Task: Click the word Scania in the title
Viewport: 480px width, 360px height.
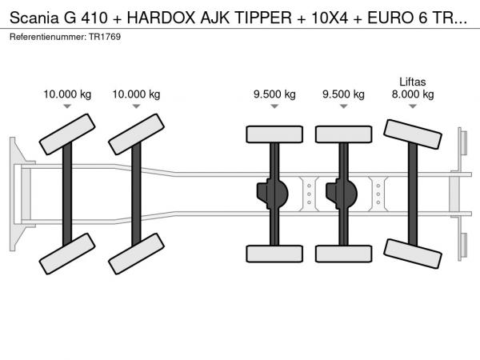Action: pyautogui.click(x=34, y=18)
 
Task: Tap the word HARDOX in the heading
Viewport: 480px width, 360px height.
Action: pyautogui.click(x=161, y=18)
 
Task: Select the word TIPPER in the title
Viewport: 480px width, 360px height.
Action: pyautogui.click(x=263, y=18)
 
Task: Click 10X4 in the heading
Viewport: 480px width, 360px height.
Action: pyautogui.click(x=330, y=18)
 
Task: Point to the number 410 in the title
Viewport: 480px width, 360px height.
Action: pyautogui.click(x=94, y=18)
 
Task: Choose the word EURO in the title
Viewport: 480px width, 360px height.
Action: pyautogui.click(x=387, y=18)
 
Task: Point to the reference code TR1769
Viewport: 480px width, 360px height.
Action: pyautogui.click(x=105, y=37)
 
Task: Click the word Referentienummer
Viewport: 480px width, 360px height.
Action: pyautogui.click(x=48, y=37)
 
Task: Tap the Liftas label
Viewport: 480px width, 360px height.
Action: pyautogui.click(x=412, y=82)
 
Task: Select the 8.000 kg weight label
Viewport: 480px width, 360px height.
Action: pyautogui.click(x=413, y=94)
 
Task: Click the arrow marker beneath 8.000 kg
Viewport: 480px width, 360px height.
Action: pyautogui.click(x=413, y=106)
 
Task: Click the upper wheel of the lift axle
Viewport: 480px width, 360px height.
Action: pyautogui.click(x=413, y=134)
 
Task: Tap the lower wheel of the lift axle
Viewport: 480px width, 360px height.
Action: pyautogui.click(x=413, y=254)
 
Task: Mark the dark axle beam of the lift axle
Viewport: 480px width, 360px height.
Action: pyautogui.click(x=413, y=194)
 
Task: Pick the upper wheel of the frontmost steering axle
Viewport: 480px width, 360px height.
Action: pyautogui.click(x=67, y=134)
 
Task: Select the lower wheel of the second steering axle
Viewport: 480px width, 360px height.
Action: pyautogui.click(x=136, y=254)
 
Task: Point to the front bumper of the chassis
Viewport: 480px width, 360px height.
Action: pyautogui.click(x=18, y=194)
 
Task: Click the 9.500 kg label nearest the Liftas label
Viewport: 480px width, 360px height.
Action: pyautogui.click(x=343, y=94)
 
